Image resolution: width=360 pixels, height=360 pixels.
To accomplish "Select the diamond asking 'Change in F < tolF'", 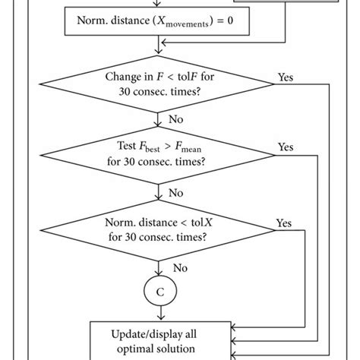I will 158,83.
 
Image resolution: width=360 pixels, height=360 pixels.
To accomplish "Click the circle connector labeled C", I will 158,292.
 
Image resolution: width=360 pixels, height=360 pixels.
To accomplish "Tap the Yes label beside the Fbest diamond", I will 286,147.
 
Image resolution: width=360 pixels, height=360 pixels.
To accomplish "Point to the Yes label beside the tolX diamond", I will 283,223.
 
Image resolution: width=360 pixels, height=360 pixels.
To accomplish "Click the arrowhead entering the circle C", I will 158,276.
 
